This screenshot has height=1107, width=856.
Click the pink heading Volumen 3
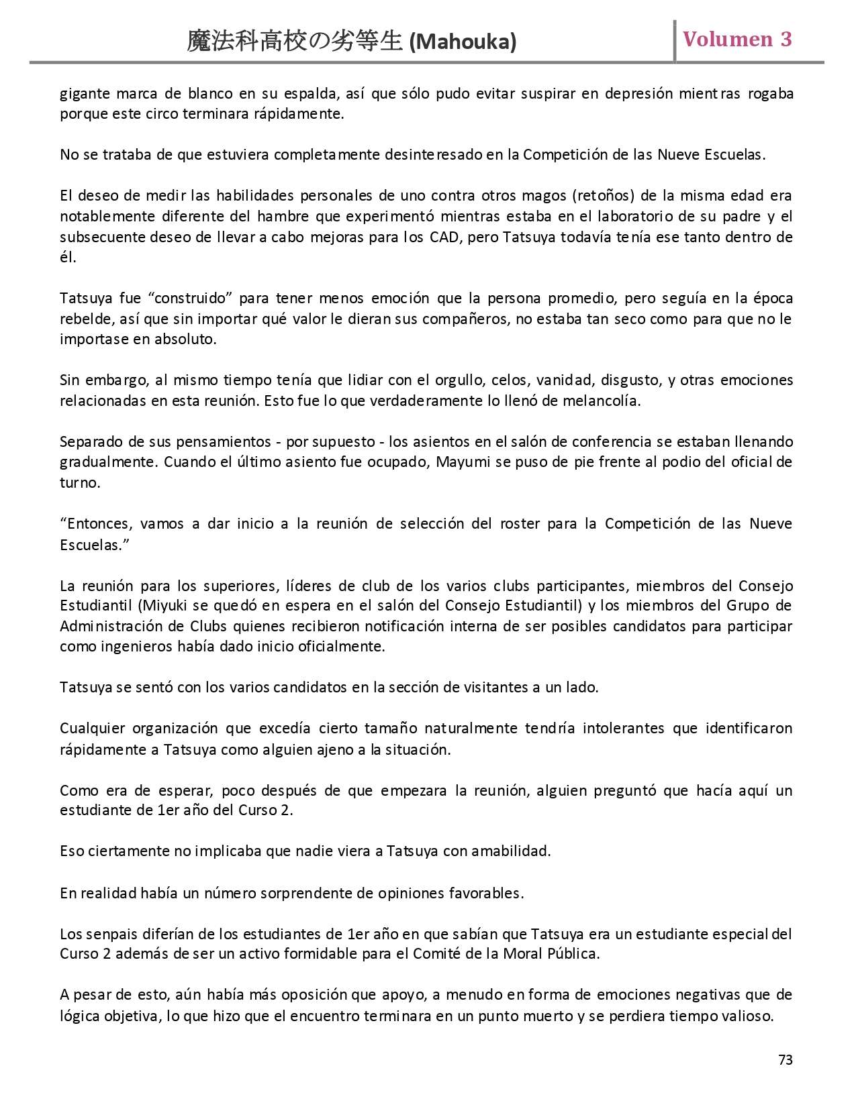(x=737, y=40)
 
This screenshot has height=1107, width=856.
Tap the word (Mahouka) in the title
(x=463, y=42)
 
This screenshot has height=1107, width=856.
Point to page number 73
(x=786, y=1059)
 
